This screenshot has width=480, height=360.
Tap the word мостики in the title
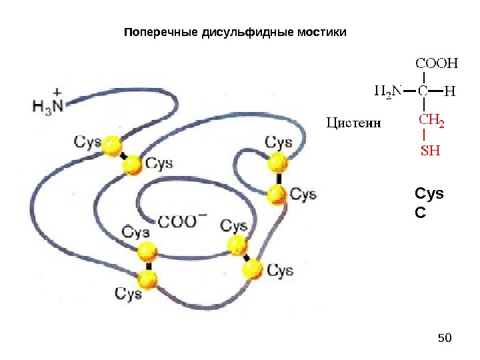[x=322, y=32]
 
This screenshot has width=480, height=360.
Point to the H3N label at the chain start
[x=49, y=105]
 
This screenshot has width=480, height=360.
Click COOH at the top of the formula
[x=437, y=64]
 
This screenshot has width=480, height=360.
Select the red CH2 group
[x=431, y=121]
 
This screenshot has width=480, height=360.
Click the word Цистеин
[x=353, y=122]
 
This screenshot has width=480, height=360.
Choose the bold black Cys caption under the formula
[x=429, y=193]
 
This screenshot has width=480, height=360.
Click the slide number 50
[x=445, y=339]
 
